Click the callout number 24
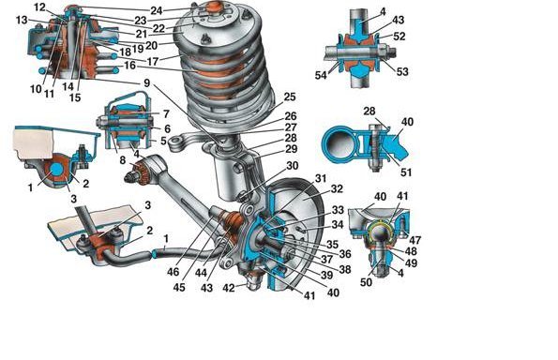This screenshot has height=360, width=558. (157, 10)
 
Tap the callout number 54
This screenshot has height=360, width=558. (321, 75)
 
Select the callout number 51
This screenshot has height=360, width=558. (406, 172)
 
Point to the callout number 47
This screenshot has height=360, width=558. (415, 240)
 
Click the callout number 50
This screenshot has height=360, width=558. (366, 282)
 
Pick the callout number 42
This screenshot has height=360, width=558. (229, 288)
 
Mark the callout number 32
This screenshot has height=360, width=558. (337, 188)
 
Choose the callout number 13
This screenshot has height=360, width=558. (22, 20)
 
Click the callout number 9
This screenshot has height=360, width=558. (147, 82)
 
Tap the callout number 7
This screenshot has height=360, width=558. (166, 114)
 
